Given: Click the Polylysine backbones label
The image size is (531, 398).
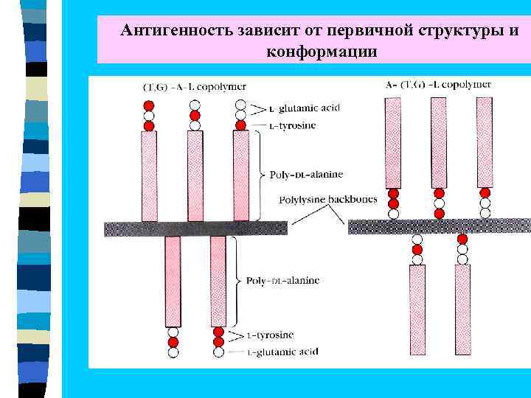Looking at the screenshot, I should [x=327, y=200].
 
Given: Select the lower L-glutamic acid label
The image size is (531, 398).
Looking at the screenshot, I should [x=282, y=352].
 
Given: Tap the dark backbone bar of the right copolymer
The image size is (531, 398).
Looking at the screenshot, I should [x=438, y=226].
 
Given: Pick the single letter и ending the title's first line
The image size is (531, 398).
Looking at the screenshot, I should [x=513, y=31].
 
